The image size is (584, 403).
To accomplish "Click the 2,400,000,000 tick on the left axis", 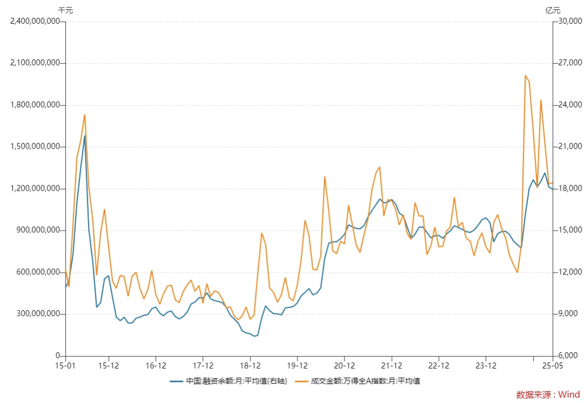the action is click(x=35, y=21).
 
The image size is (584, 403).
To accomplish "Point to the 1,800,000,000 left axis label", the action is click(x=35, y=105).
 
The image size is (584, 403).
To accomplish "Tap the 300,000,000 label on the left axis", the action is click(x=38, y=314).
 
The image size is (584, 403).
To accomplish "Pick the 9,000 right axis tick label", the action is click(x=568, y=314).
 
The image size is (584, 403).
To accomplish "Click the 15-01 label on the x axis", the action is click(x=65, y=366).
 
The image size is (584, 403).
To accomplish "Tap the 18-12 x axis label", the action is click(x=250, y=366).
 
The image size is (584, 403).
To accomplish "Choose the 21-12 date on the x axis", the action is click(x=391, y=366).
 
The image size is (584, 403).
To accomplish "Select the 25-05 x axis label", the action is click(x=552, y=366).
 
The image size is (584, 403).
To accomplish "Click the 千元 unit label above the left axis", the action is click(x=65, y=10).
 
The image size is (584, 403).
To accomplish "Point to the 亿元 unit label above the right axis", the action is click(x=553, y=10).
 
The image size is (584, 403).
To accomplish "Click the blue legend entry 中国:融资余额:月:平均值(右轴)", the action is click(x=228, y=381).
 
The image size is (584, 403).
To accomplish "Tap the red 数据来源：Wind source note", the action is click(x=548, y=394).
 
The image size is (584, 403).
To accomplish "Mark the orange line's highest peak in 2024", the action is click(x=525, y=76).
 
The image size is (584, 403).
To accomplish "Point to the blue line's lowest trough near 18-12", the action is click(x=254, y=336).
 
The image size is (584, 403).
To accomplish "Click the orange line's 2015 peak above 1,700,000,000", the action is click(x=85, y=115).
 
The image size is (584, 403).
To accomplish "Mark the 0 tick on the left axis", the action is click(x=58, y=356).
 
